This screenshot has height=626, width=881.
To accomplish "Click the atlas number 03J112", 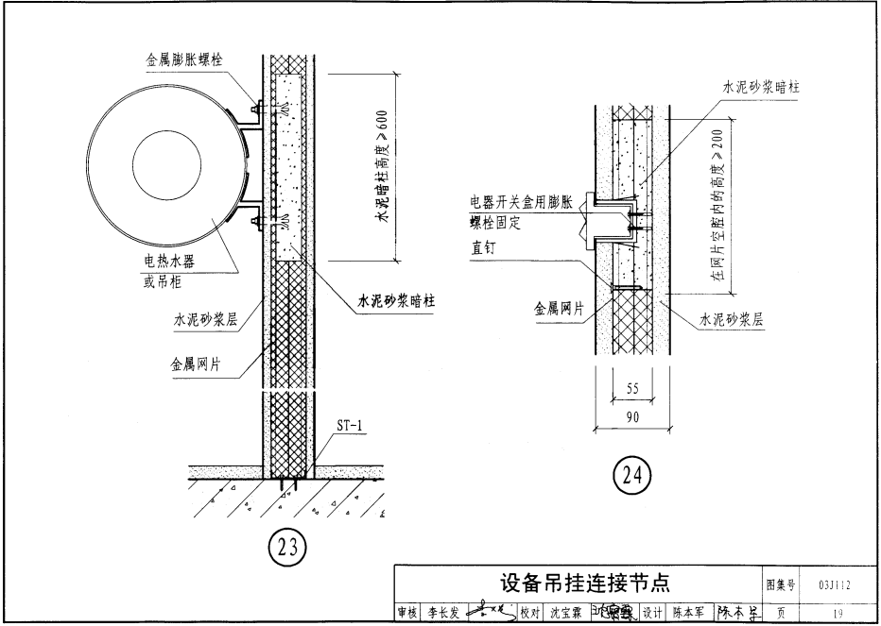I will (x=836, y=584).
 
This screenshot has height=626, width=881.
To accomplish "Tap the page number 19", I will (x=837, y=614).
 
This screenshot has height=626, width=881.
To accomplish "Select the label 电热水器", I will (x=169, y=262).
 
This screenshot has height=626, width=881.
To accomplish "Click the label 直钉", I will (x=486, y=251).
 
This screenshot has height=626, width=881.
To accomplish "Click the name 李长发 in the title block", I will (x=440, y=614).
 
